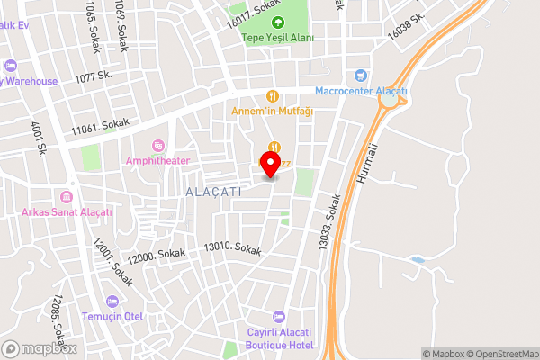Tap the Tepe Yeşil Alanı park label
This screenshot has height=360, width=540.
tap(276, 38)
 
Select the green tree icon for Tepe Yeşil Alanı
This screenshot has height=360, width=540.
tap(277, 22)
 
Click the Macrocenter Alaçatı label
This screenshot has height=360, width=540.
tap(362, 91)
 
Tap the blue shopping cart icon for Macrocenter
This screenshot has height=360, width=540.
tap(362, 76)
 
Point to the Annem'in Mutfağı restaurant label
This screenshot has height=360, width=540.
tap(272, 111)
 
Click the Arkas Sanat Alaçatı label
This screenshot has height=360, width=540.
tap(67, 212)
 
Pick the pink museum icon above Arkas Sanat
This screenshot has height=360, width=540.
tap(67, 197)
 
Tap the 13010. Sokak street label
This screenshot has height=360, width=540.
tap(232, 249)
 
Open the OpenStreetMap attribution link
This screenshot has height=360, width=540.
tap(502, 354)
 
